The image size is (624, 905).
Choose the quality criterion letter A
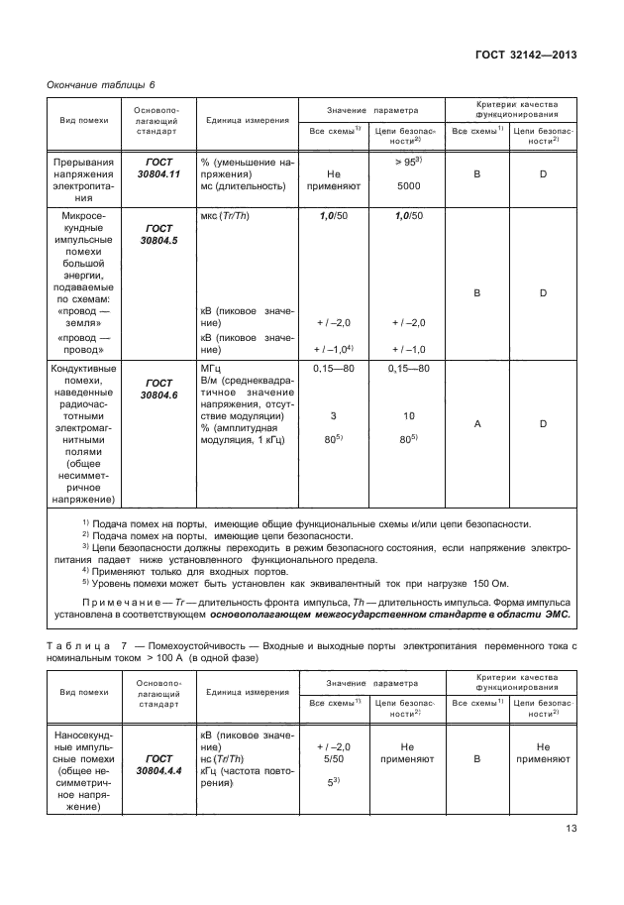478,422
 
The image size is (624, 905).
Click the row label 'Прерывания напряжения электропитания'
85,172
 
